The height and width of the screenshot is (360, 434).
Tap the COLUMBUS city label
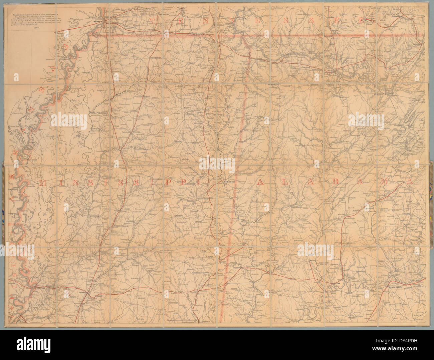229,182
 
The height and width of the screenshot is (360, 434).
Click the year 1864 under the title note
37,28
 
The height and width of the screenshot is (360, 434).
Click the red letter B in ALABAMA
337,182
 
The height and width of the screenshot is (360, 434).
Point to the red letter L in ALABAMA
285,182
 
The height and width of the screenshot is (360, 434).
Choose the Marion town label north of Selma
313,261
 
